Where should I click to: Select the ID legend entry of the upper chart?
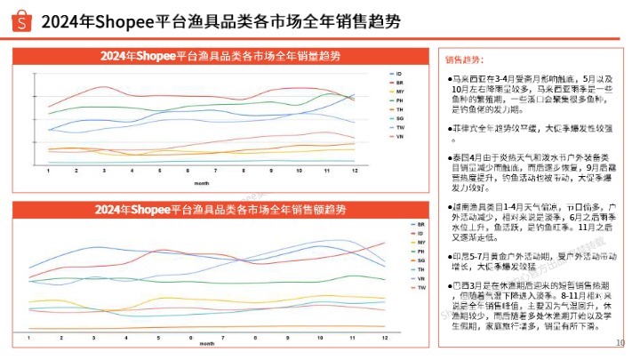(x=399, y=73)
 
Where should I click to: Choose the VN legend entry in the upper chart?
(x=399, y=138)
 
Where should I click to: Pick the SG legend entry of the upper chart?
(x=399, y=118)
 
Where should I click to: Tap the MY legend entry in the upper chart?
(x=399, y=92)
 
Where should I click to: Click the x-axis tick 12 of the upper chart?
(x=354, y=170)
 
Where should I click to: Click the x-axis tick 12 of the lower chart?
(x=384, y=340)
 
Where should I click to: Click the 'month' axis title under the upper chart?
(x=202, y=181)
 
